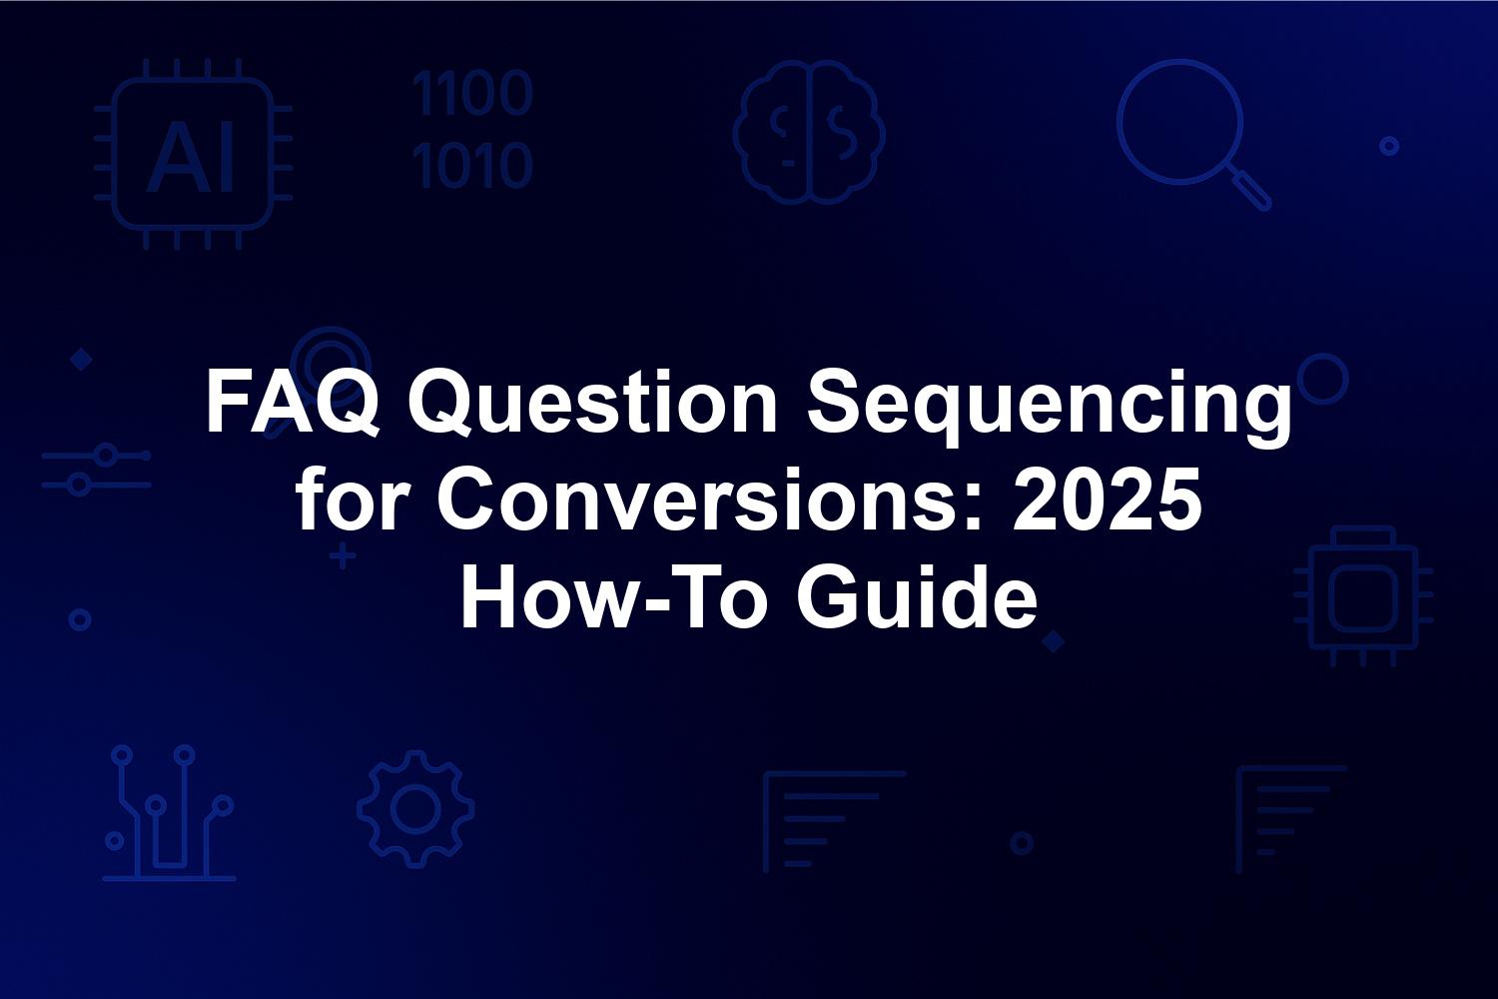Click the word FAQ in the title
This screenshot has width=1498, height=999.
coord(293,403)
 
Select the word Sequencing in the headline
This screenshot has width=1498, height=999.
coord(1050,408)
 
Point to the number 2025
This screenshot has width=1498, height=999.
coord(1108,499)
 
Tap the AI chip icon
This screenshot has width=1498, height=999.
coord(194,154)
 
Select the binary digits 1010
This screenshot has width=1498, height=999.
coord(472,165)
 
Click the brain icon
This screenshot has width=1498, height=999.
coord(809,132)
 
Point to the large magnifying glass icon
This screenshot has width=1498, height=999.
coord(1179,122)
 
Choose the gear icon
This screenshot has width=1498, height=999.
coord(416,809)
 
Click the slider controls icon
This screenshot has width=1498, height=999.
coord(96,470)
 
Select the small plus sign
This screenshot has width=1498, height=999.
coord(343,556)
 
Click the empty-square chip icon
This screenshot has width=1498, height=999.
coord(1363,596)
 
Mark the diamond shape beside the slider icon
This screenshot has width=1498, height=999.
coord(82,360)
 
